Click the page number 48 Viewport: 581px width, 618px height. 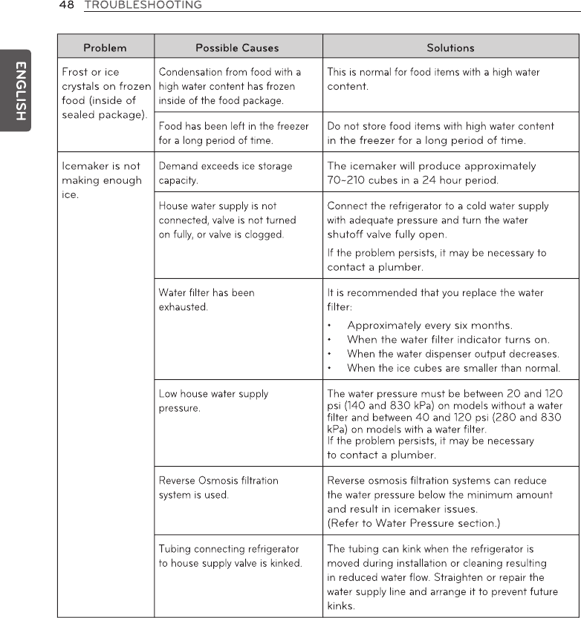67,5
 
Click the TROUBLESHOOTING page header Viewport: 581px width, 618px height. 143,5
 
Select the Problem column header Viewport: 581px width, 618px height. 105,48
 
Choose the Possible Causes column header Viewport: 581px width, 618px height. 237,48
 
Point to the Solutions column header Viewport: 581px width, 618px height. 450,48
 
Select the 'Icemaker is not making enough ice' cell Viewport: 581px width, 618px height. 102,180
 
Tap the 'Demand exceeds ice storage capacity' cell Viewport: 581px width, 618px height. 226,173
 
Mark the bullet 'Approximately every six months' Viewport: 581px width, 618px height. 429,326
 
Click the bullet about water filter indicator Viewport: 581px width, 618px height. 448,340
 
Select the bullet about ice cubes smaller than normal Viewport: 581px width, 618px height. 453,368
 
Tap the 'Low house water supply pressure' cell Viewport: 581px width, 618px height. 214,401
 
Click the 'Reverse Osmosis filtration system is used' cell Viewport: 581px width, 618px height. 218,487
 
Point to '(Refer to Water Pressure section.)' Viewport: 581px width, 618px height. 414,523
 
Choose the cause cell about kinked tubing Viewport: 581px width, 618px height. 230,556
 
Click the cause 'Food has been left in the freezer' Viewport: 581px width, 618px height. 233,133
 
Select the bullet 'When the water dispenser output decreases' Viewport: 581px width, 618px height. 452,354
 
